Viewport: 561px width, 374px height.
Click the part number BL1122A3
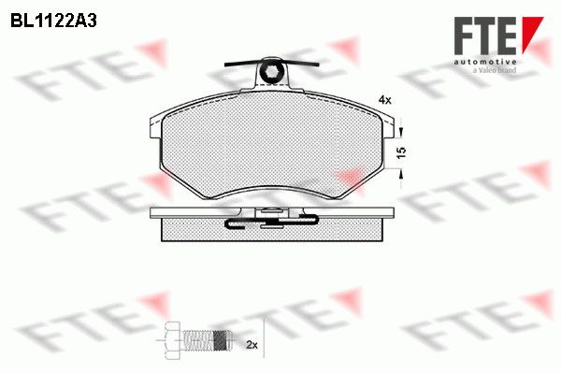click(x=53, y=22)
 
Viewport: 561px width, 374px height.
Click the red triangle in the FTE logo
click(x=531, y=34)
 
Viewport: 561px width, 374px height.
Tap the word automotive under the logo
click(x=485, y=62)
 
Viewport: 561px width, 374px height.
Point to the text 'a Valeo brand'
click(x=495, y=70)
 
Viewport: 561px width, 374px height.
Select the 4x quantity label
click(x=385, y=101)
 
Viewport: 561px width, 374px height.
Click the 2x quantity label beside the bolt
click(x=252, y=345)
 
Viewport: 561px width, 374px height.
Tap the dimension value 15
click(x=401, y=152)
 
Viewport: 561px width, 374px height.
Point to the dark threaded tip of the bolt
click(x=222, y=339)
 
